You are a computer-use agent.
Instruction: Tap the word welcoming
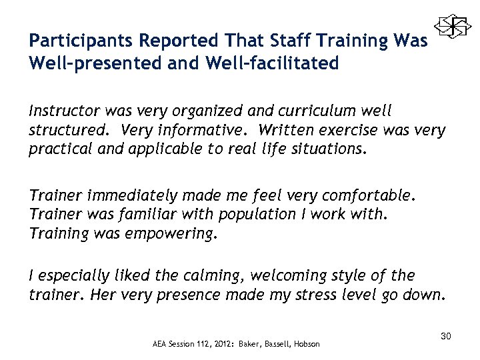(x=288, y=276)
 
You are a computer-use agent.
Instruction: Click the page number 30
(x=446, y=337)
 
